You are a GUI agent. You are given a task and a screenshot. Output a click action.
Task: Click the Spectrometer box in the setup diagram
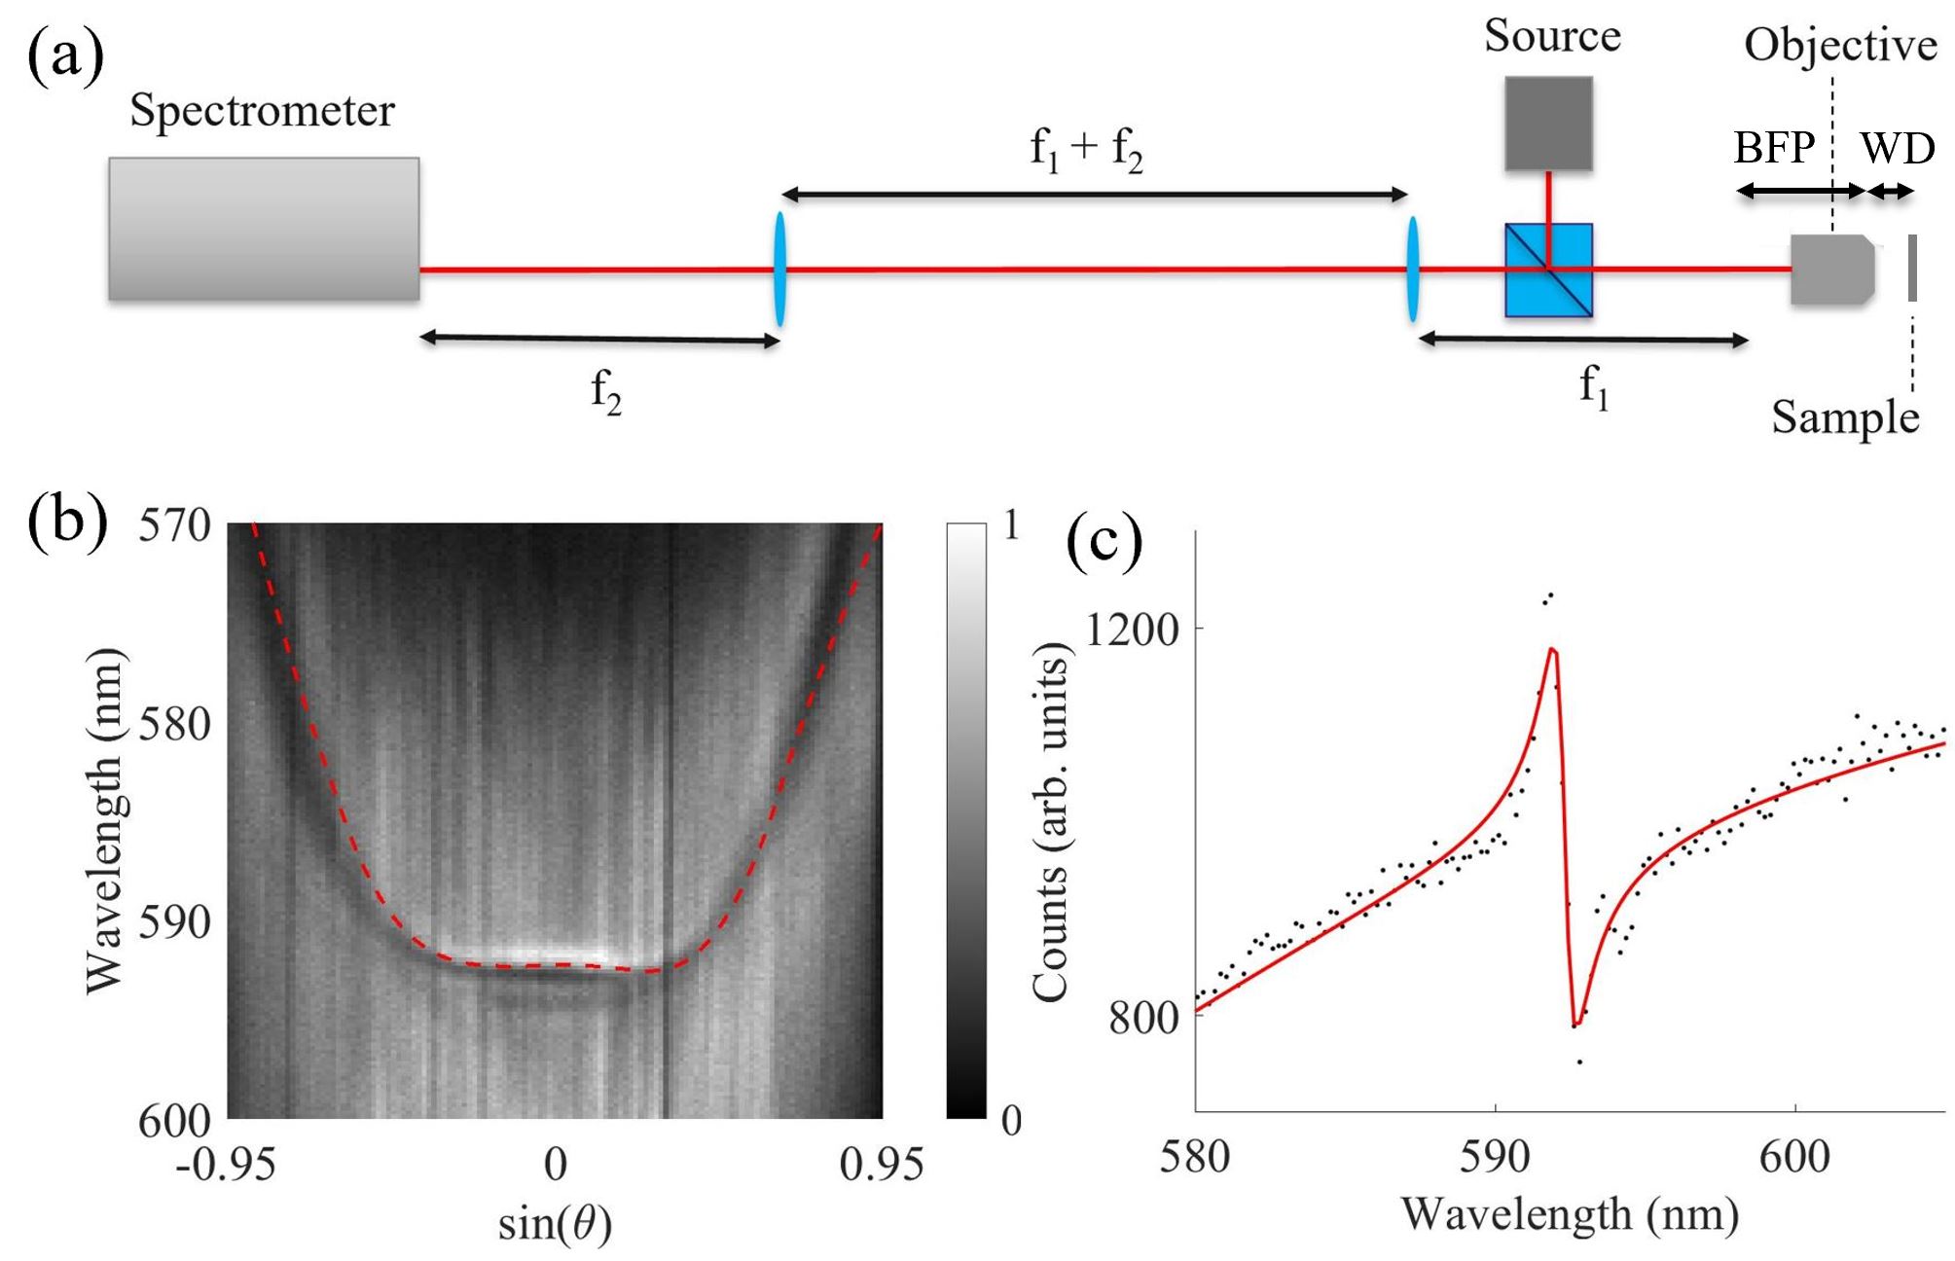tap(264, 229)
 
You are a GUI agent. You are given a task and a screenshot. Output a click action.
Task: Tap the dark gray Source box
tap(1548, 124)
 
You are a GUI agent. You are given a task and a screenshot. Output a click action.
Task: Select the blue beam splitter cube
tap(1548, 270)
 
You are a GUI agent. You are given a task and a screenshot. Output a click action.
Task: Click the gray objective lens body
tap(1832, 270)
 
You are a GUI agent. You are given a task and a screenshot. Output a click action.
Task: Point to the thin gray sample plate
tap(1912, 268)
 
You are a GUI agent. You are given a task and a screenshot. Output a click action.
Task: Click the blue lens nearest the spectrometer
tap(779, 270)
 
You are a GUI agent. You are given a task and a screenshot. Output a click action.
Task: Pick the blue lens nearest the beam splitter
tap(1412, 270)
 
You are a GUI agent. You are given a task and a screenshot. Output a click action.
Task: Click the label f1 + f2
tap(1086, 150)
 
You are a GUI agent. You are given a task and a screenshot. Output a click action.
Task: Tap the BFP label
tap(1774, 147)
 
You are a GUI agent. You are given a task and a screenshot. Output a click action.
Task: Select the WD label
tap(1898, 148)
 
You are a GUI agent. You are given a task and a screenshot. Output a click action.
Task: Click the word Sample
tap(1845, 417)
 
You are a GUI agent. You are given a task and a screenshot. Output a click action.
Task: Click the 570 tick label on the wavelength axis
tap(175, 525)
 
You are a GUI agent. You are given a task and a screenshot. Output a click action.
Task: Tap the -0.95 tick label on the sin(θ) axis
tap(226, 1164)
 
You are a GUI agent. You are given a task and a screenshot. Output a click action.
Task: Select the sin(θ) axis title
tap(555, 1224)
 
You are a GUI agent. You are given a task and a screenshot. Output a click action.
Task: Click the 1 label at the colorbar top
tap(1012, 525)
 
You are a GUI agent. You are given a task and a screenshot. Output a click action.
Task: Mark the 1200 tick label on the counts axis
tap(1132, 630)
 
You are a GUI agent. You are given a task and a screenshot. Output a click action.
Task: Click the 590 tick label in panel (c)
tap(1496, 1157)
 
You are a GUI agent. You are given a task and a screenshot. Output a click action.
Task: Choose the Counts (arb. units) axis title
tap(1051, 822)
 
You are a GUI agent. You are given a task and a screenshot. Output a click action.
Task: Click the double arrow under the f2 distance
tap(599, 340)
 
